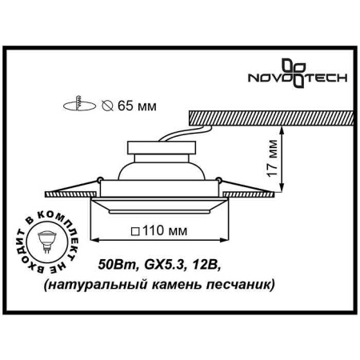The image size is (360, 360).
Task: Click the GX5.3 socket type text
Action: [160, 264]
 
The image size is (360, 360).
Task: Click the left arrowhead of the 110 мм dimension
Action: [91, 238]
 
